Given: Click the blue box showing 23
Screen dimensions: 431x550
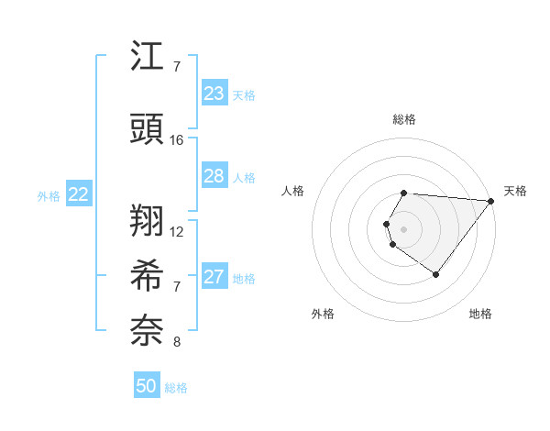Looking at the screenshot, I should (214, 94).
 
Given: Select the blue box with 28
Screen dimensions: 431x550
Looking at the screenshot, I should (214, 176).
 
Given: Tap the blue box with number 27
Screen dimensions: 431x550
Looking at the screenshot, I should (214, 277).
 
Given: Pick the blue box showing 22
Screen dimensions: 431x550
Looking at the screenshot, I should (79, 194).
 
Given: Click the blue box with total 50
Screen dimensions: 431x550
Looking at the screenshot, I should (147, 386).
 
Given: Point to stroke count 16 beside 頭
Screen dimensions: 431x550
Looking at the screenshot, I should (177, 140).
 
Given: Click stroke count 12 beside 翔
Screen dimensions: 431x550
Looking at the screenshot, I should (177, 232).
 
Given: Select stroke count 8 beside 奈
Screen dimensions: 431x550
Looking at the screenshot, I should (177, 342).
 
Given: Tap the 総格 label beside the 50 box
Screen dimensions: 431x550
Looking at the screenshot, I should (176, 388).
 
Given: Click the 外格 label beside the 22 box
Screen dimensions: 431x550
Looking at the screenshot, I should (49, 195).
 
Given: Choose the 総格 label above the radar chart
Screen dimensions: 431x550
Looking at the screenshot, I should (404, 119).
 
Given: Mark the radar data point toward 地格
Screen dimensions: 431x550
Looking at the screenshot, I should (435, 274).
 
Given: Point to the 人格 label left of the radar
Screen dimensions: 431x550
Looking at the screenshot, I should (293, 191).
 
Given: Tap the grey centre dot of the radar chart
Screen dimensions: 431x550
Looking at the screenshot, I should (404, 227).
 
